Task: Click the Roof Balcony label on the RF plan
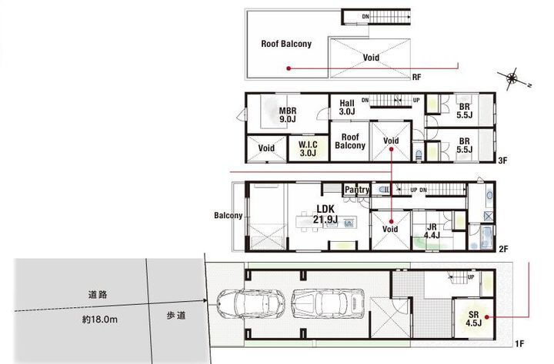coord(285,45)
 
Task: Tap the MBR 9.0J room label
coord(288,114)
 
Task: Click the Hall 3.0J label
coord(346,108)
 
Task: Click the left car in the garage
coord(245,304)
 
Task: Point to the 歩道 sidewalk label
coord(177,315)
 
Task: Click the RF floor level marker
coord(416,78)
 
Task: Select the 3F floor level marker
coord(502,161)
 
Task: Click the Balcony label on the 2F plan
coord(228,216)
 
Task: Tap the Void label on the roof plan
coord(371,58)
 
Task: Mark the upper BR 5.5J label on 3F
coord(464,111)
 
